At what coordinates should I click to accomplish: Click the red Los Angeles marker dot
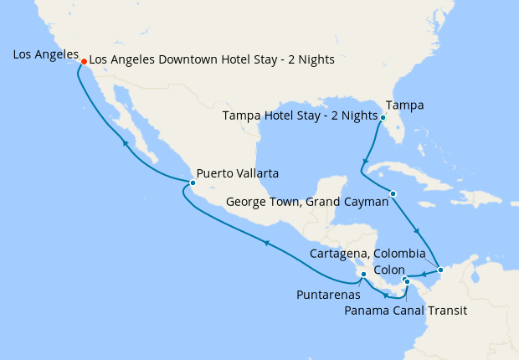(x=84, y=61)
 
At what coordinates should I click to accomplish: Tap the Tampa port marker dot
(x=382, y=118)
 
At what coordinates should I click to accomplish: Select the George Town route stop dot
(x=393, y=194)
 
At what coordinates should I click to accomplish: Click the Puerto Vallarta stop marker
(x=193, y=183)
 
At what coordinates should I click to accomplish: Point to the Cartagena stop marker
(x=441, y=270)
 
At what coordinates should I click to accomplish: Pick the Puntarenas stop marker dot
(x=363, y=274)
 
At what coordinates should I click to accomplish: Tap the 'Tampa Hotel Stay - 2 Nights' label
(x=300, y=116)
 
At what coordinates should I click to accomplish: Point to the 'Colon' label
(x=388, y=270)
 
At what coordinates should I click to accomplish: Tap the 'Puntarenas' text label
(x=329, y=295)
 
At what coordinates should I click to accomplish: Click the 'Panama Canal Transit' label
(x=405, y=311)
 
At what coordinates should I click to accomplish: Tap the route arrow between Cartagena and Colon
(x=424, y=273)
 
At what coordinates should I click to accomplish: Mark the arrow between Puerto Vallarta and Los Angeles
(x=125, y=143)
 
